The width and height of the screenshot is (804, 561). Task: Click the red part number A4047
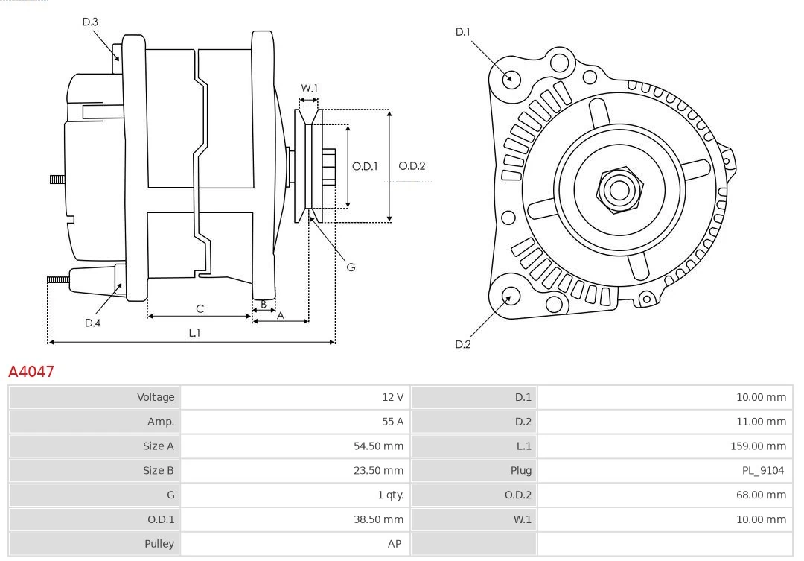[31, 371]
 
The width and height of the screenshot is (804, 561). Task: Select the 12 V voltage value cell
[392, 397]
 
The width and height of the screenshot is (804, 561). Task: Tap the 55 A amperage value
[392, 422]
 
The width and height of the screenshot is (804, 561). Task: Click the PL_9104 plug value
[762, 470]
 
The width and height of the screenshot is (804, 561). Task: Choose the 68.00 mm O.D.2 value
[761, 495]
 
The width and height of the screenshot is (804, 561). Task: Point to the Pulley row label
[159, 544]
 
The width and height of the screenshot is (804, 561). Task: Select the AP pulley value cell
[395, 544]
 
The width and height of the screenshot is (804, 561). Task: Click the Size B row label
[158, 470]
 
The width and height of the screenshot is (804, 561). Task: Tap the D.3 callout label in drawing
[90, 22]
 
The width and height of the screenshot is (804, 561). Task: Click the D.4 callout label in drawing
[92, 323]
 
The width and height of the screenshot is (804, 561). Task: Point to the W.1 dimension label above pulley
[309, 88]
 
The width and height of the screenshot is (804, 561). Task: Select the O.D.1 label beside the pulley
[365, 166]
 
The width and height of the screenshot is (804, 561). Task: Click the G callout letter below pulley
[351, 267]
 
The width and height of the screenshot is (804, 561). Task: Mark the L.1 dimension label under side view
[194, 333]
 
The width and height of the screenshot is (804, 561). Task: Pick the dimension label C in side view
[200, 308]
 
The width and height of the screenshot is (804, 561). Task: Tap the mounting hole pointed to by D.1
[511, 78]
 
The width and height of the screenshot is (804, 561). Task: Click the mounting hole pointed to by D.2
[509, 297]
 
